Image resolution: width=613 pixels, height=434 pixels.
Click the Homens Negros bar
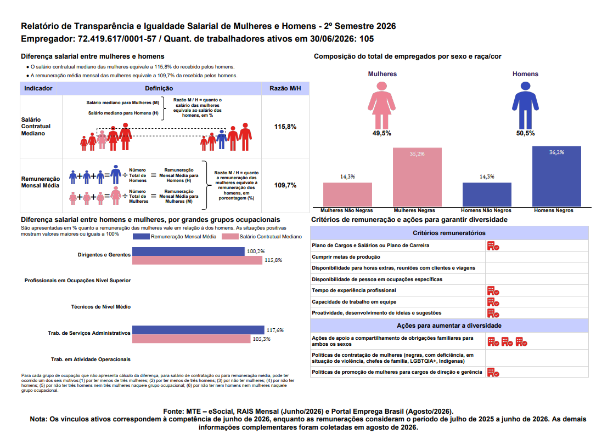point(556,176)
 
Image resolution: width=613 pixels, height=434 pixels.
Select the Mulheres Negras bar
point(417,177)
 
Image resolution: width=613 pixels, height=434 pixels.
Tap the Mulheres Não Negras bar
point(347,195)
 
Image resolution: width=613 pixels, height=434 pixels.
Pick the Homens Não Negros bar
point(487,195)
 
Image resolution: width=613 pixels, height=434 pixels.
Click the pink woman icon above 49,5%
point(381,105)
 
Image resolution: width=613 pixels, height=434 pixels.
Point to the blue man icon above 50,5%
point(525,105)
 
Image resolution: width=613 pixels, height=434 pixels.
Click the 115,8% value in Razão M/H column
point(285,127)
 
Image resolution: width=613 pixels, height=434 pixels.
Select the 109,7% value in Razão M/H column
point(285,185)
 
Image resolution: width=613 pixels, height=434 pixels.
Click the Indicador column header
point(38,89)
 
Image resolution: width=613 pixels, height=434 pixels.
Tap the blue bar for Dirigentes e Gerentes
point(188,252)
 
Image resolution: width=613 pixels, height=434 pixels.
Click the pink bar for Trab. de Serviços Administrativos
point(191,339)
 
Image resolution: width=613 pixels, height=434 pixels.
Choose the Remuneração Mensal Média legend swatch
point(141,237)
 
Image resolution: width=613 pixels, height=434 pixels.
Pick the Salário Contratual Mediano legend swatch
point(230,237)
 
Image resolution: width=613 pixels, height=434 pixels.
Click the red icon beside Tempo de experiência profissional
point(493,291)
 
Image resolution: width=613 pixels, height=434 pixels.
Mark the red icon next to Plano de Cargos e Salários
point(493,246)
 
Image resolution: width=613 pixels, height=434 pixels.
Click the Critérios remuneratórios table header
point(449,233)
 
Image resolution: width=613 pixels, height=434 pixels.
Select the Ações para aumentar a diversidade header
point(449,325)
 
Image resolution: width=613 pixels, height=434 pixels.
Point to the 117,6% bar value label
point(275,330)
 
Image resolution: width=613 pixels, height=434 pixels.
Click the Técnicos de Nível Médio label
point(101,307)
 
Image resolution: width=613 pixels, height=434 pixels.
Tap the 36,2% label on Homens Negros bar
point(556,152)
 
